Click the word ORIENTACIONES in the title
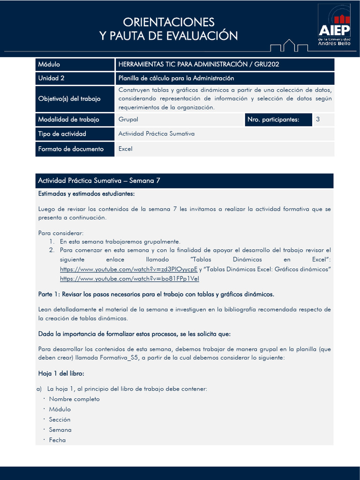(x=169, y=22)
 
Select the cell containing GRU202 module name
(x=225, y=64)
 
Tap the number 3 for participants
(x=318, y=120)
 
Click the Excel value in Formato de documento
(x=126, y=149)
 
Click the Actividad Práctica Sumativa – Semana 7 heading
(x=99, y=180)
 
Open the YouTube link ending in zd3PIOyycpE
(x=129, y=270)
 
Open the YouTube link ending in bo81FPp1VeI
(x=129, y=278)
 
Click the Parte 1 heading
(x=156, y=294)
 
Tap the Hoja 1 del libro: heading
(x=61, y=374)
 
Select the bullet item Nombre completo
(x=74, y=399)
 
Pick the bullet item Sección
(x=60, y=420)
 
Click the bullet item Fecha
(x=57, y=440)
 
